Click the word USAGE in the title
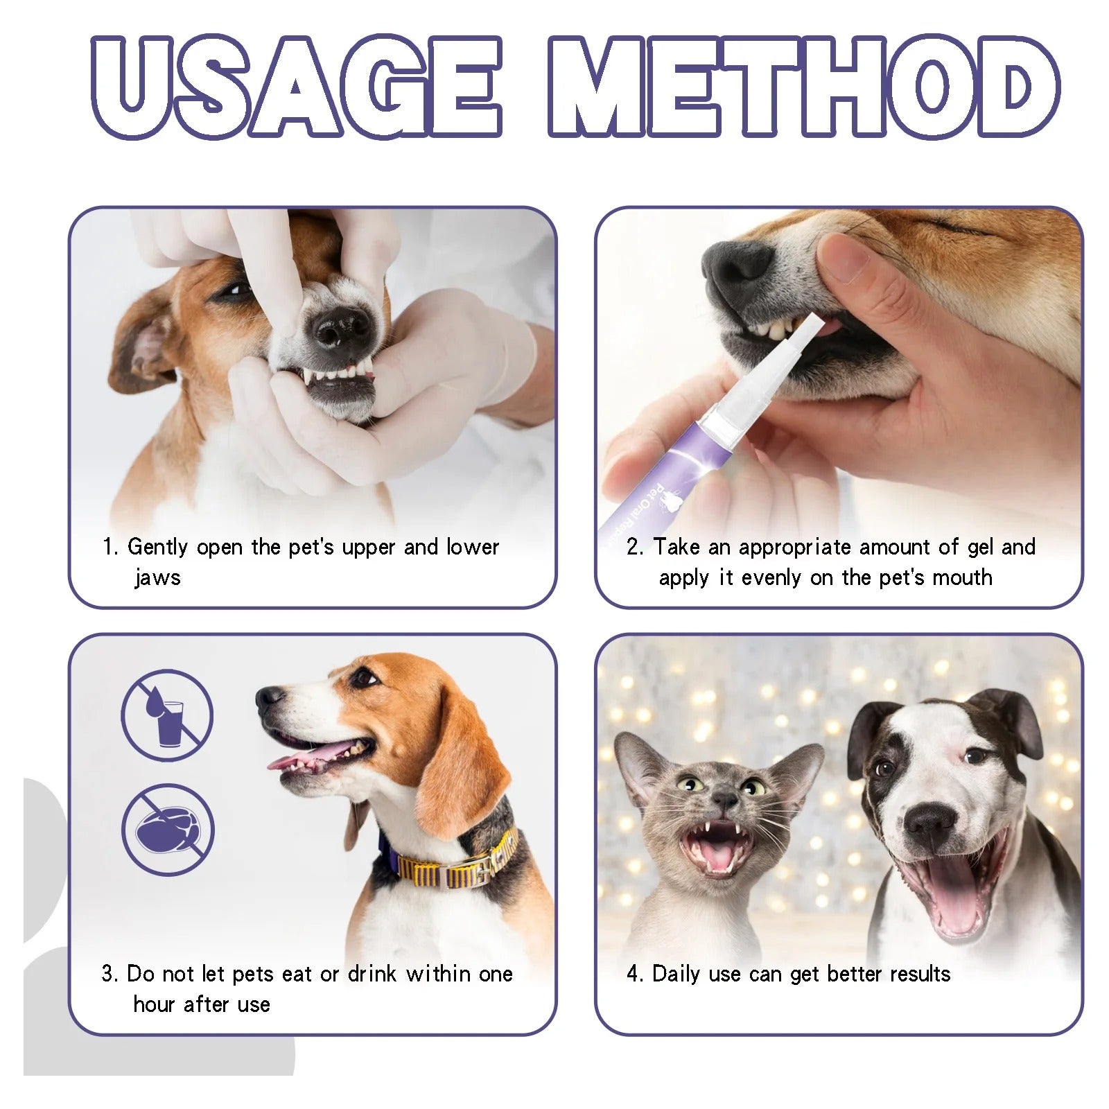[x=297, y=87]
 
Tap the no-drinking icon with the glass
[x=167, y=715]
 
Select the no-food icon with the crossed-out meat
[x=168, y=830]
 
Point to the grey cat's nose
[x=726, y=799]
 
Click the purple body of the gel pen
[x=665, y=471]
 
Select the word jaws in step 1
[x=157, y=577]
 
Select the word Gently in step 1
[x=157, y=547]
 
